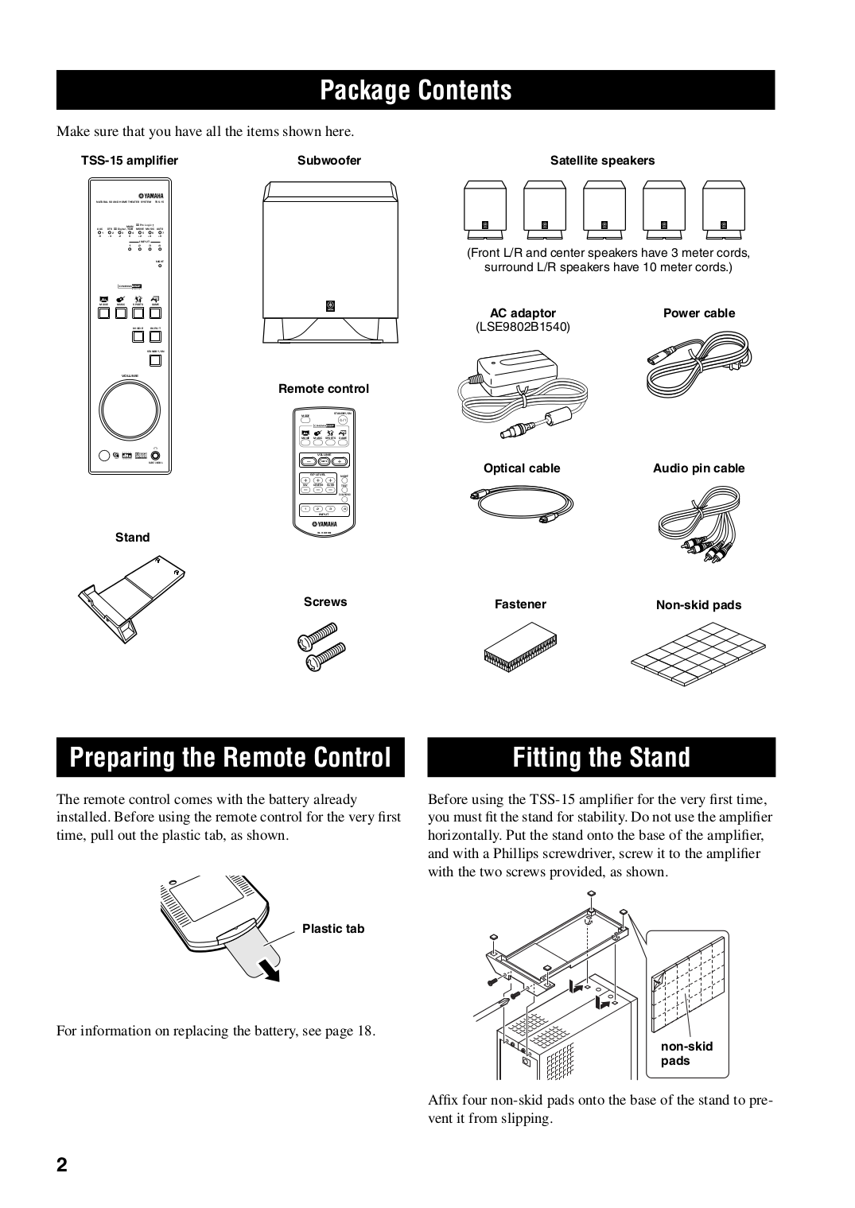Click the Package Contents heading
click(415, 91)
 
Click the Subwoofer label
click(328, 161)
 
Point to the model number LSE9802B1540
click(523, 327)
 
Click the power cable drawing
click(698, 363)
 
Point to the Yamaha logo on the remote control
click(324, 524)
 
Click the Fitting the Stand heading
click(601, 757)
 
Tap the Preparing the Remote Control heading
click(231, 757)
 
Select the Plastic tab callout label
click(333, 929)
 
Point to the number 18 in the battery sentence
click(365, 1031)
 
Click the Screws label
click(325, 602)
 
